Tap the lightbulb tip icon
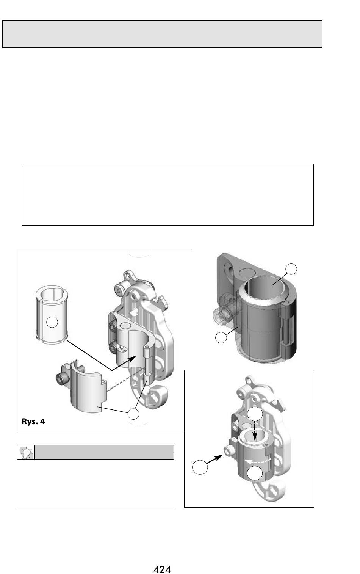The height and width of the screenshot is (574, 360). (x=26, y=452)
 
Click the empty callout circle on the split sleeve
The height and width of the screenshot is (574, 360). (x=52, y=322)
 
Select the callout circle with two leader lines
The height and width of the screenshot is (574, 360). (x=133, y=414)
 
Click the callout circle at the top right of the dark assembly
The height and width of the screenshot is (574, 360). (x=291, y=269)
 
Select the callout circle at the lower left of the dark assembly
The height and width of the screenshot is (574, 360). (x=221, y=337)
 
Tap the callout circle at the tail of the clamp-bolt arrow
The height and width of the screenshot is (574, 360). (x=200, y=467)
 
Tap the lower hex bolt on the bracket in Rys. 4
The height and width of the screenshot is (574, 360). (x=112, y=348)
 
